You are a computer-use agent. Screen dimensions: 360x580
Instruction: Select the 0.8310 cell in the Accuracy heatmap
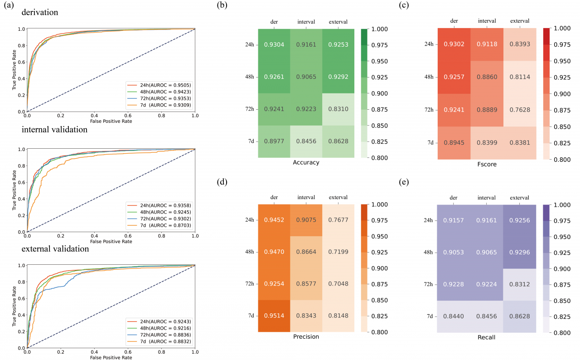(x=338, y=109)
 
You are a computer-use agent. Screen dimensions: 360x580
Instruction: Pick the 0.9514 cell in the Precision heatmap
(x=274, y=315)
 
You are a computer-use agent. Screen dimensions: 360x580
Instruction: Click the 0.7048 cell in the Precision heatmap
(x=338, y=284)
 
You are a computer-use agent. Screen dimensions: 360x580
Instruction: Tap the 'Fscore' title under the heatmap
(x=487, y=164)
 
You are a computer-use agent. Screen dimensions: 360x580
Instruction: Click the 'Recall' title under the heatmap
(x=487, y=338)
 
